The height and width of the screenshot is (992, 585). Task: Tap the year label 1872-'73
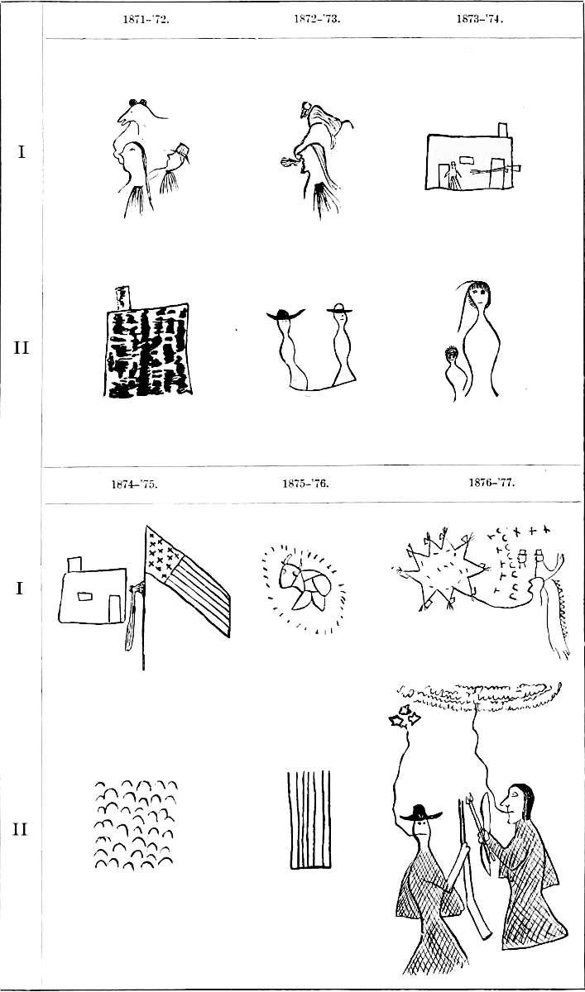coord(317,19)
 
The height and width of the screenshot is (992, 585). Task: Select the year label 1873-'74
coord(480,19)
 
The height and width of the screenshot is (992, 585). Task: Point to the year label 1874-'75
coord(134,484)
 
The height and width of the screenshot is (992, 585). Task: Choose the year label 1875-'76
coord(306,483)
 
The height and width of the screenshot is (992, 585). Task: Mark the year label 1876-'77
coord(492,482)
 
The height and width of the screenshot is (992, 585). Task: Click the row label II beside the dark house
coord(22,348)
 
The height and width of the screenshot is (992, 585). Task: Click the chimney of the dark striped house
coord(122,298)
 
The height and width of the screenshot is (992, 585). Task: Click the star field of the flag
coord(162,552)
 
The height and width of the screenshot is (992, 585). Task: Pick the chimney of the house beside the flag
coord(74,565)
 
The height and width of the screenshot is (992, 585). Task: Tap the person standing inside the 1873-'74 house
coord(453,175)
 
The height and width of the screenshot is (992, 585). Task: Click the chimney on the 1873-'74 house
coord(502,131)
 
